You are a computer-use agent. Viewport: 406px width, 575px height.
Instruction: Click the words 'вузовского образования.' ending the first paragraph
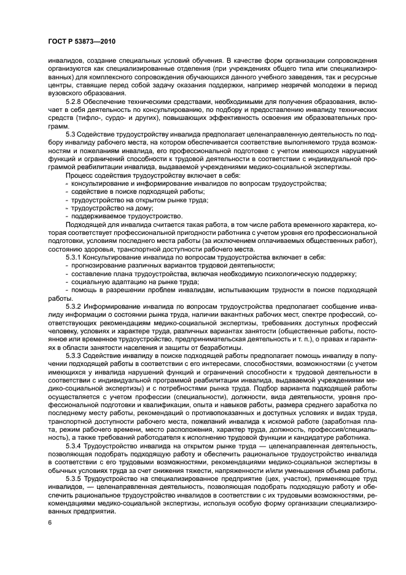pyautogui.click(x=84, y=92)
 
